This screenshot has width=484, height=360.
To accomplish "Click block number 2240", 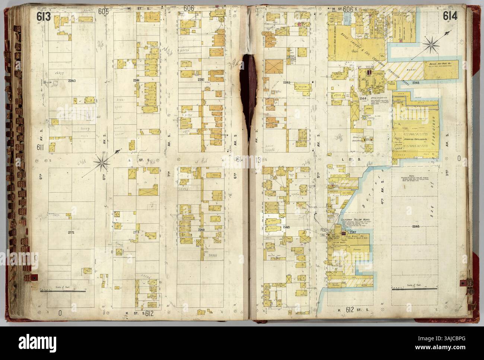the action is point(71,81).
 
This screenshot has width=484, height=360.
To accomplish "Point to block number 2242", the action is point(201,80).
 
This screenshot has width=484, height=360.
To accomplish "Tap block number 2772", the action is point(71,232).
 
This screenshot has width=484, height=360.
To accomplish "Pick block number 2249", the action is point(201,230).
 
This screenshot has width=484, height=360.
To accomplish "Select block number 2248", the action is point(286,227).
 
